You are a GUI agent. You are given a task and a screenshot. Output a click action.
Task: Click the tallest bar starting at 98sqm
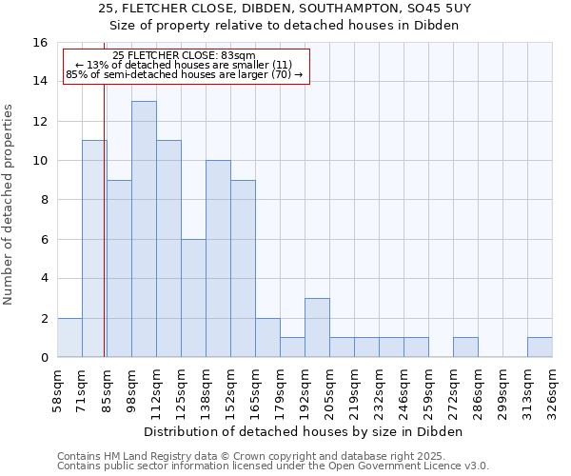coord(144,228)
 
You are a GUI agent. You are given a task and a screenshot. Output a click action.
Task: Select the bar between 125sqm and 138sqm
coord(193,298)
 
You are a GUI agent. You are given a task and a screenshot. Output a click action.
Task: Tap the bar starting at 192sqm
coord(317,327)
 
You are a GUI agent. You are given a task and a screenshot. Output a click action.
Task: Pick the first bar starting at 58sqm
coord(69,337)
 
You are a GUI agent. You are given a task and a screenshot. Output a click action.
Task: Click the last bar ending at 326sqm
coord(540,347)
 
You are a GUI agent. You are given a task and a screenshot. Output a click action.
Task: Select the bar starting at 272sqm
coord(465,347)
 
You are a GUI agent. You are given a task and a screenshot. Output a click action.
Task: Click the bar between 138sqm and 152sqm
coord(218,259)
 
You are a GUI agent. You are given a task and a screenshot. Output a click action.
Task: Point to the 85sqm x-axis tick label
coord(107,390)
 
